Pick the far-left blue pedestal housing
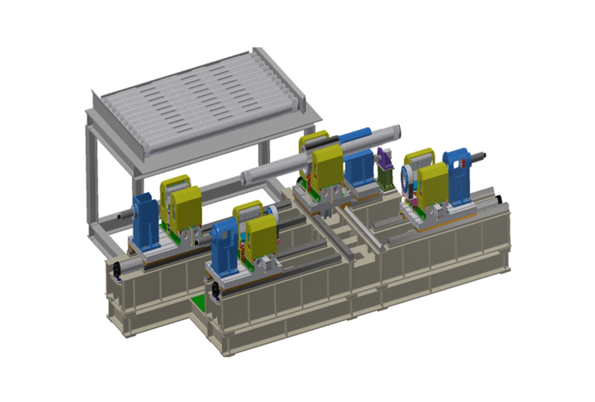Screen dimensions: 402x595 [x=145, y=220]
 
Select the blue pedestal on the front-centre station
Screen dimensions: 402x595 [x=224, y=247]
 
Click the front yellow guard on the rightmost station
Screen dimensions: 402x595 [x=434, y=184]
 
